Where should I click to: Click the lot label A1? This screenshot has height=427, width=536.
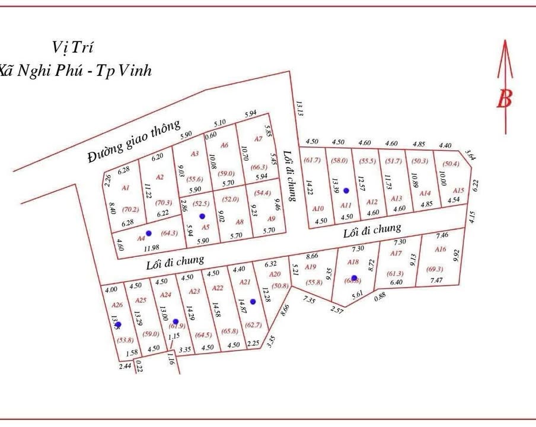125,187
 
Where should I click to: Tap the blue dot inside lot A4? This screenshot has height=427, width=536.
149,233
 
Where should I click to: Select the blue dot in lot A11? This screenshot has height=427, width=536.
347,190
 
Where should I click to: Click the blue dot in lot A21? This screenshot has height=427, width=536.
253,302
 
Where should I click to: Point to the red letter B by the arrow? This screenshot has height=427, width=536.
504,98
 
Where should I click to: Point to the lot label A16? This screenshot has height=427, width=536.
440,250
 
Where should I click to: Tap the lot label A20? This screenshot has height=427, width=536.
274,274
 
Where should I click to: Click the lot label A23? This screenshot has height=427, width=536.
194,291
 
